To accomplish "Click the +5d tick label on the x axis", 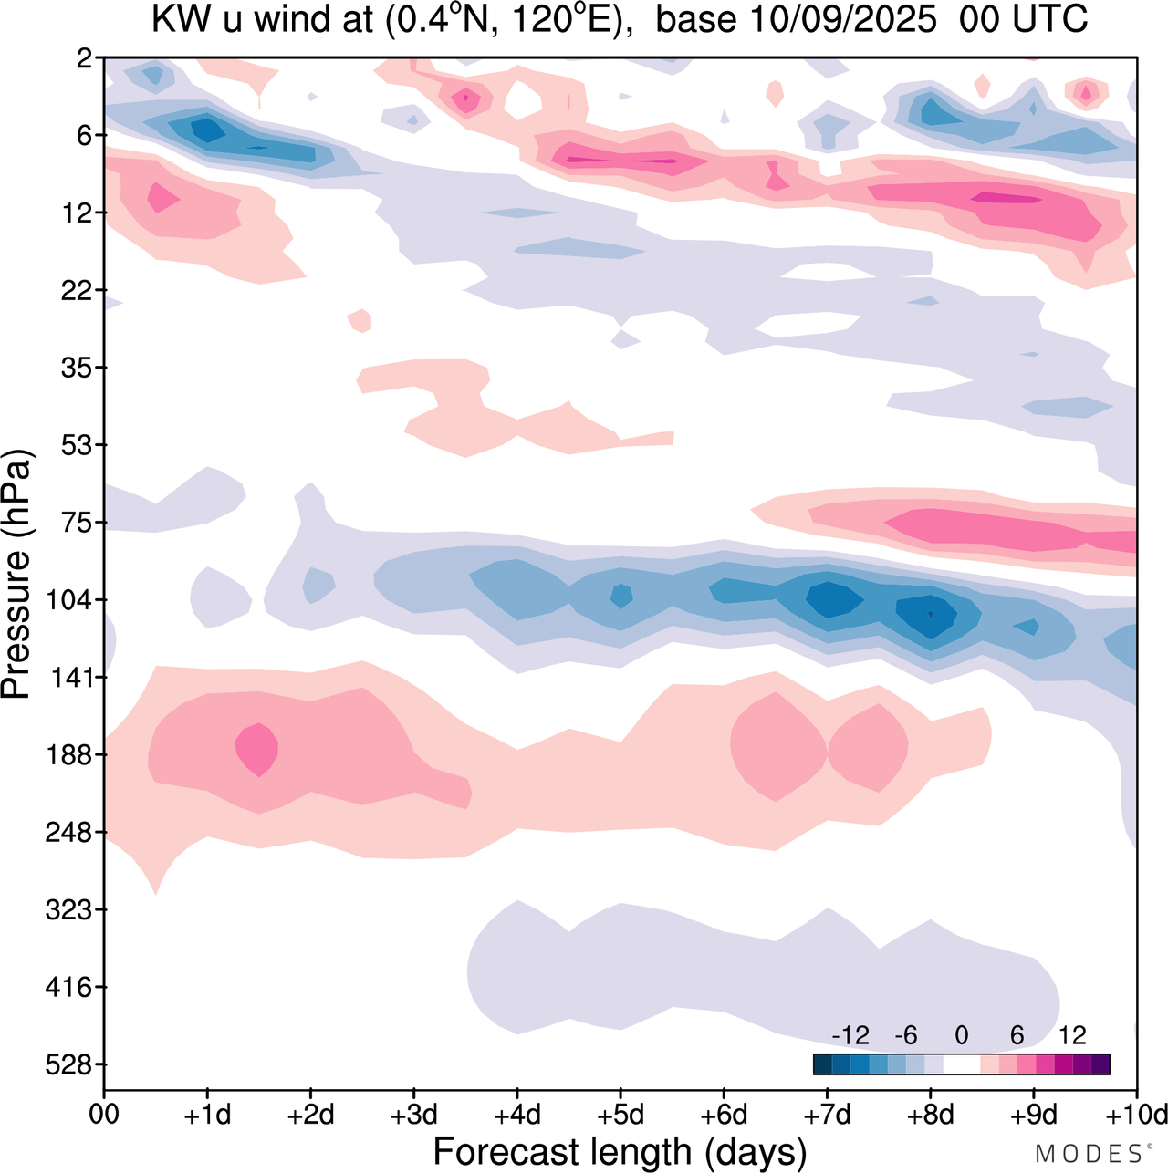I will tap(620, 1115).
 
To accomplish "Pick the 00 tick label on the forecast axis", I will tap(104, 1115).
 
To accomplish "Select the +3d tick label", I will tap(413, 1115).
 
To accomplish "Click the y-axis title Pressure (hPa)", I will tap(16, 574).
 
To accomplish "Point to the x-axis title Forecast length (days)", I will tap(620, 1152).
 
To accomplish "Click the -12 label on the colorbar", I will tap(850, 1035).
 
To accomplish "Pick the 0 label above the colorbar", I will tap(961, 1035).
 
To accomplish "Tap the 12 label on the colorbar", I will tap(1072, 1035).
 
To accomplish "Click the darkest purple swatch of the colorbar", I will tap(1100, 1064).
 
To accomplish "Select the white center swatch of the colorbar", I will tap(961, 1064).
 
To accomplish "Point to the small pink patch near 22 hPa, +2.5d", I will tap(360, 320).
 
